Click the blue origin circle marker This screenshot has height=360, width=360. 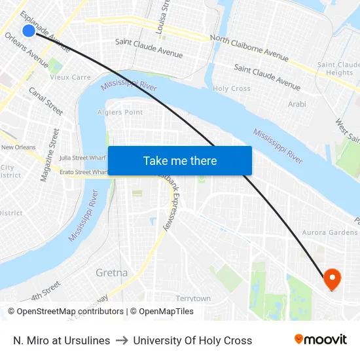coord(28,31)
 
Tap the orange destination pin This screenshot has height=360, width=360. coord(332,279)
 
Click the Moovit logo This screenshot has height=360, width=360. coord(321,340)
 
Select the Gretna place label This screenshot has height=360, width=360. coord(111,272)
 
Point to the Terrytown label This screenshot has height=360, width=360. coord(193,298)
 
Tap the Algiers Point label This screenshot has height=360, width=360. coord(120,112)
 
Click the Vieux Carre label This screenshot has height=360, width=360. coord(70,77)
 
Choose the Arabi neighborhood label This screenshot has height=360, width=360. coord(297,104)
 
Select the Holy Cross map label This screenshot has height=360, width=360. coord(232,88)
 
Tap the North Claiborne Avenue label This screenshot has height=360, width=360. coord(249,49)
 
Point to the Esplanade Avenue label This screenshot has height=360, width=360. coord(45,30)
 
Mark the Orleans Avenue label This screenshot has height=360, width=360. coord(27,50)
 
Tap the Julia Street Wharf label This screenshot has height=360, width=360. coord(82,158)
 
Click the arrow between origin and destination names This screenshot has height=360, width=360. coord(122,340)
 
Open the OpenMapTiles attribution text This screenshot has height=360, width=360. coord(162,312)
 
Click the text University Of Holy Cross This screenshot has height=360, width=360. coord(192,340)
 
